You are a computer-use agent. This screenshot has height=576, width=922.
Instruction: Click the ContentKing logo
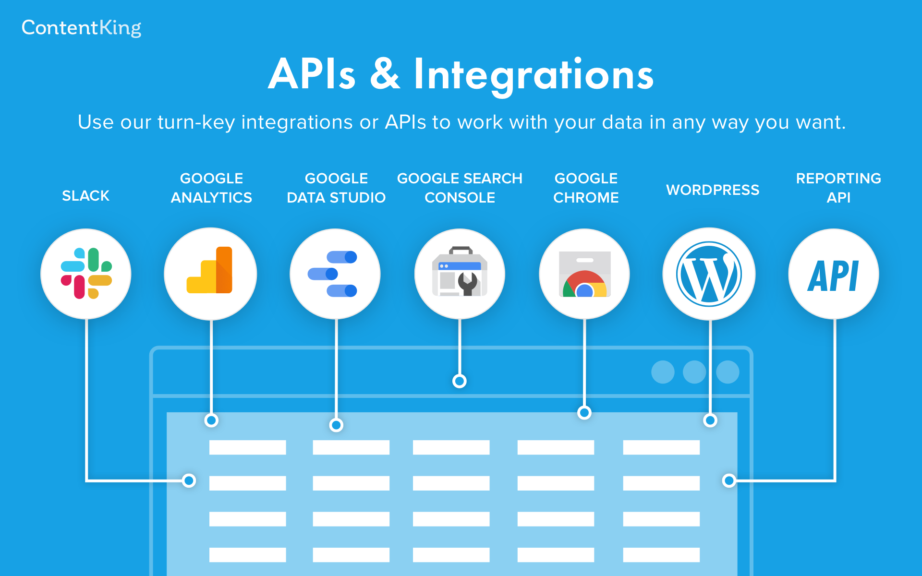click(81, 28)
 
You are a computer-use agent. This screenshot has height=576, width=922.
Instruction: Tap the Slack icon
click(86, 274)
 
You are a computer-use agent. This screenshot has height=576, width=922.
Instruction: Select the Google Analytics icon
click(210, 270)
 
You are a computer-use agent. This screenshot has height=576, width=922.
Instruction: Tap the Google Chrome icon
click(584, 274)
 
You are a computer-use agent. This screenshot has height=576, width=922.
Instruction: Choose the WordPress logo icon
click(709, 274)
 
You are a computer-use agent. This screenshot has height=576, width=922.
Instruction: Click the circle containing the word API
click(834, 274)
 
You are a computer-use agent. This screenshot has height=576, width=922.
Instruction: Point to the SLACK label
click(86, 196)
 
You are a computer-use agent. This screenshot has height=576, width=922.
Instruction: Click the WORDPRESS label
click(713, 190)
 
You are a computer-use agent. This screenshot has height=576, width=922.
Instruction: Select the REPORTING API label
click(838, 188)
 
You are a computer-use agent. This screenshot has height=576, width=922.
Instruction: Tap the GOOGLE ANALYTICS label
click(211, 188)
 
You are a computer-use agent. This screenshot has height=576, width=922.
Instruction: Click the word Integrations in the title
click(534, 75)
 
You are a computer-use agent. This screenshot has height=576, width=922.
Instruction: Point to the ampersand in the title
click(385, 74)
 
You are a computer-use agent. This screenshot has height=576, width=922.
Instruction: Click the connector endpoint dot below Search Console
click(460, 381)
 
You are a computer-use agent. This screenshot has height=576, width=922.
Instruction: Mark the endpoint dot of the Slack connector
click(189, 480)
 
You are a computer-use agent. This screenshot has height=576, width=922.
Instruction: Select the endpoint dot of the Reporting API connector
click(729, 480)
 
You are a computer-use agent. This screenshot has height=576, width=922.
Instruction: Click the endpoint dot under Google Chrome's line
click(584, 413)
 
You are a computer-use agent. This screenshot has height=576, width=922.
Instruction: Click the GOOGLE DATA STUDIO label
click(336, 188)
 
